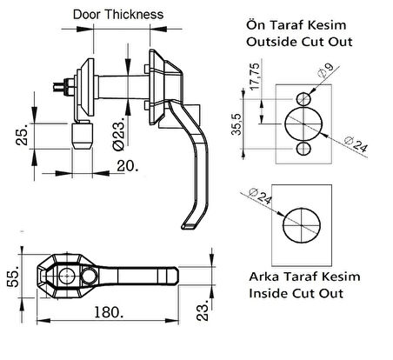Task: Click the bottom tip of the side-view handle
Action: tap(187, 228)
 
